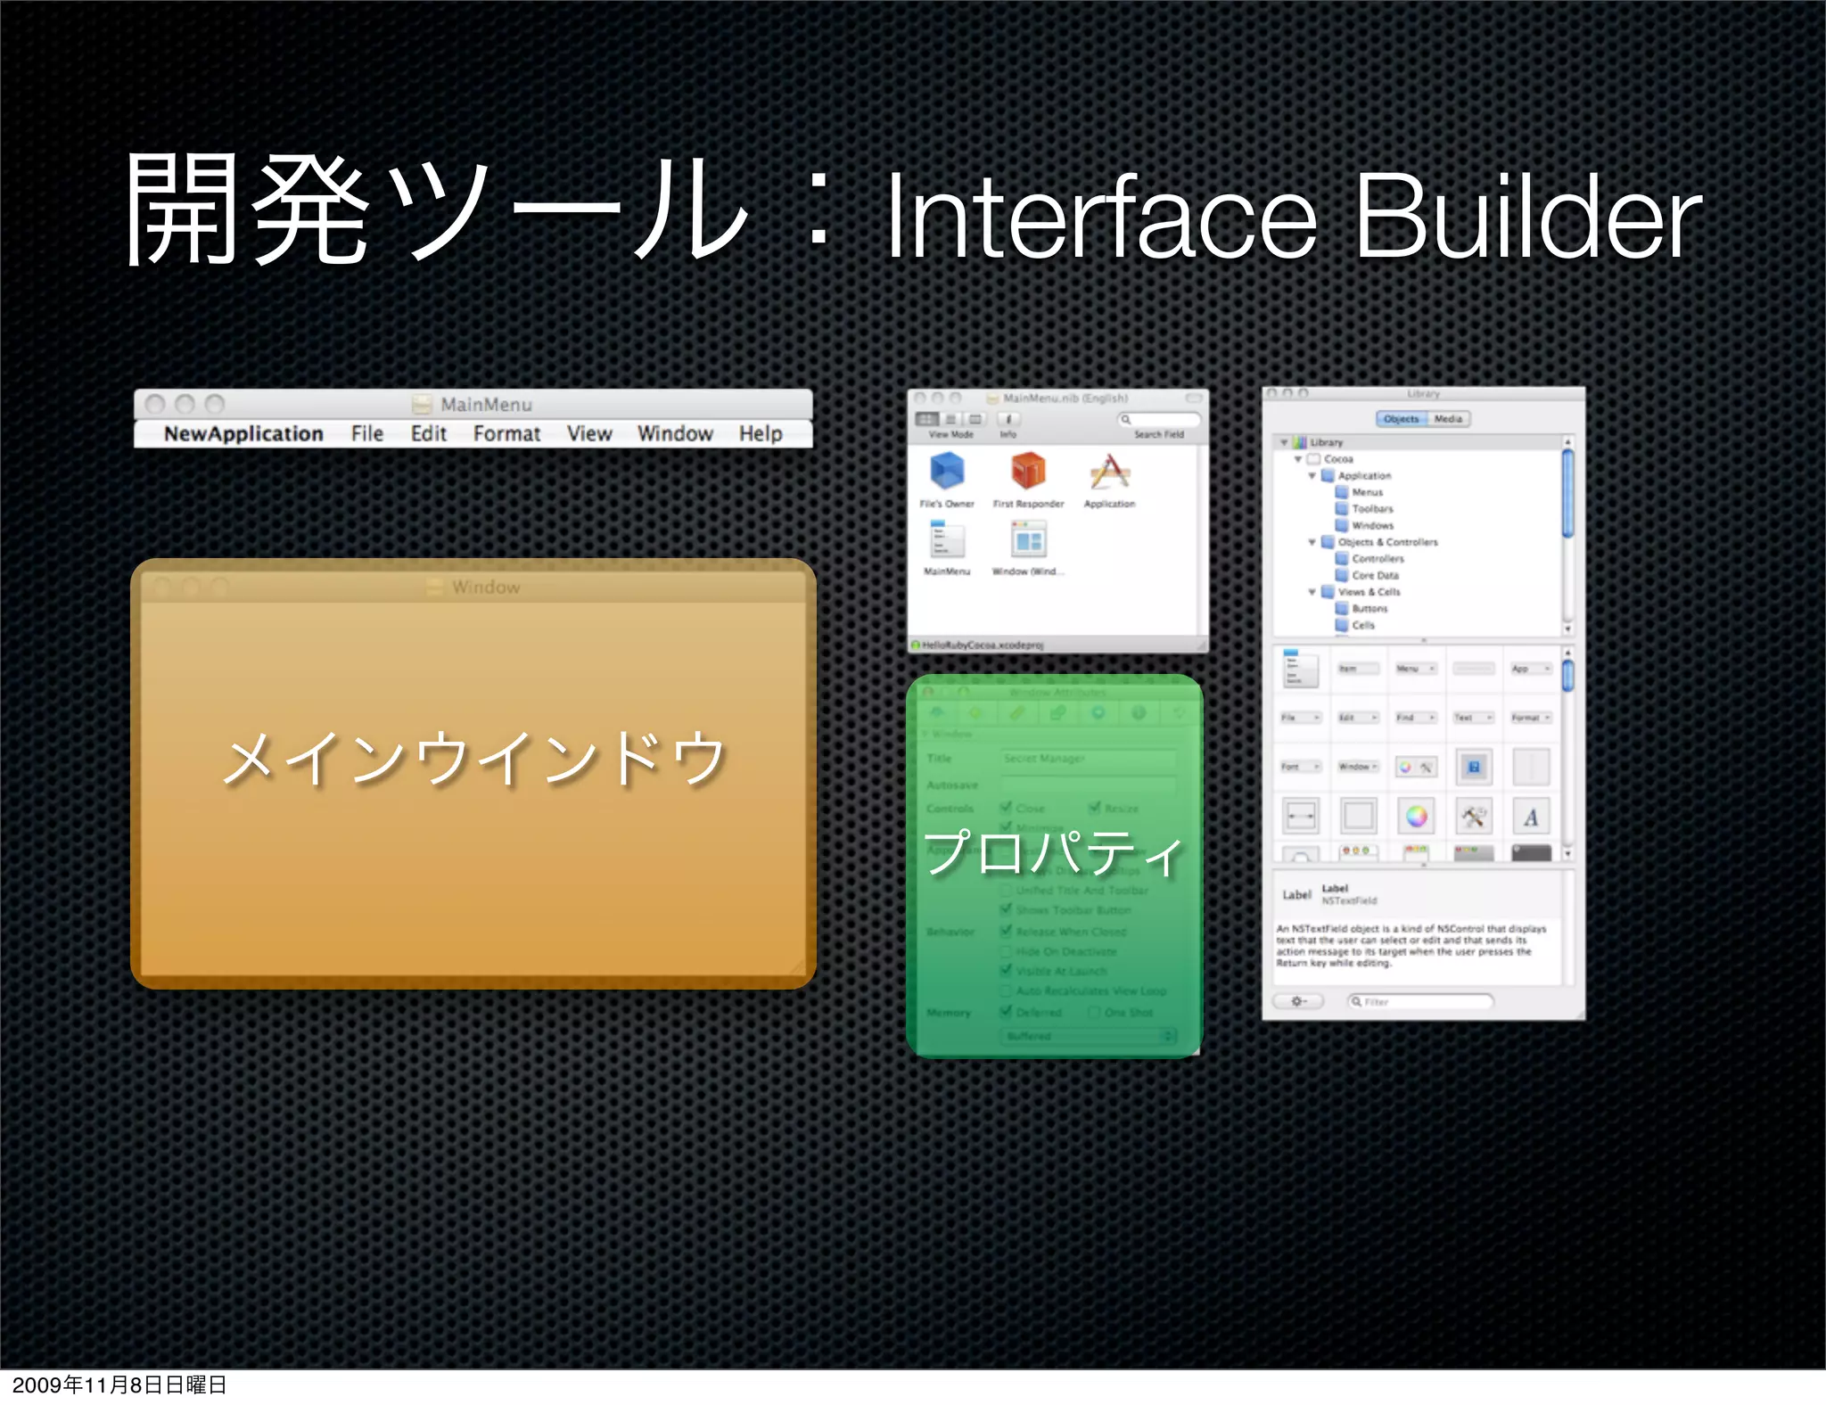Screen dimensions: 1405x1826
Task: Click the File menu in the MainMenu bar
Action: tap(366, 433)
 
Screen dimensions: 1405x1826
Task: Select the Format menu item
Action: tap(506, 433)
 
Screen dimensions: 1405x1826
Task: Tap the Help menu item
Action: tap(760, 433)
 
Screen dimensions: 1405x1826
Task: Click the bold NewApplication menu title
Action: tap(243, 433)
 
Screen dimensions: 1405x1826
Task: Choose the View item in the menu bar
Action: tap(589, 433)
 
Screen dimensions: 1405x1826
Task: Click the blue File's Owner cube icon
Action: tap(946, 472)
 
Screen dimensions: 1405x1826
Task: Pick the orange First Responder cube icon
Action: tap(1028, 471)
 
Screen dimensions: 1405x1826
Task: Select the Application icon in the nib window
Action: tap(1109, 472)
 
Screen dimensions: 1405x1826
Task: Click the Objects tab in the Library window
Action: tap(1402, 419)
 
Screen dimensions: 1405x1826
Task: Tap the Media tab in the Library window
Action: tap(1448, 419)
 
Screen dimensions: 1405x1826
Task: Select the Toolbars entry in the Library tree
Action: tap(1371, 509)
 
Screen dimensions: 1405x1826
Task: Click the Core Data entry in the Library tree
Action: tap(1375, 576)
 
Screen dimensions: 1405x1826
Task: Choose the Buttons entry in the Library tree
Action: tap(1369, 609)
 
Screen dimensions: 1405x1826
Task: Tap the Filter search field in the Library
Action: tap(1420, 1002)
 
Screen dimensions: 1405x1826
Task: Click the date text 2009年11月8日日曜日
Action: tap(119, 1384)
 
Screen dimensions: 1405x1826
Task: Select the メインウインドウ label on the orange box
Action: tap(473, 759)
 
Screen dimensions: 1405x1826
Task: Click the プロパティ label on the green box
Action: tap(1053, 852)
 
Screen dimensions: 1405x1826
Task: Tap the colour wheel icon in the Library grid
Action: tap(1416, 816)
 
